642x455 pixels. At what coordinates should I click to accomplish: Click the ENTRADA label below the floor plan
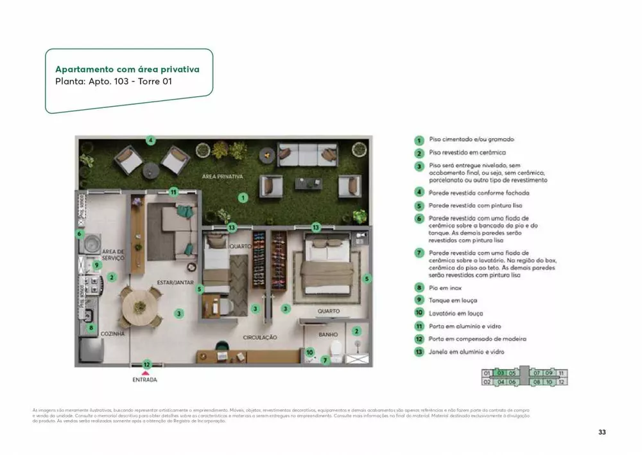click(144, 379)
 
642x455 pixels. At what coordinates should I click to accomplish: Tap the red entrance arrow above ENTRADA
click(146, 371)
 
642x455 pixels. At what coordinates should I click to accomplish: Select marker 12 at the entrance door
click(146, 364)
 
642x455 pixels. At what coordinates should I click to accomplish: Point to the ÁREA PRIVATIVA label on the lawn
click(222, 176)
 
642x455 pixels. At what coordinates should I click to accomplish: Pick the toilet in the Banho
click(333, 349)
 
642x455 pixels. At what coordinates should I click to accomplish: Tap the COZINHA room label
click(112, 334)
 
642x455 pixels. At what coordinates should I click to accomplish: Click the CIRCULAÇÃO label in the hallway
click(259, 337)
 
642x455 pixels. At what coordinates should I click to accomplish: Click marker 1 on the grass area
click(243, 198)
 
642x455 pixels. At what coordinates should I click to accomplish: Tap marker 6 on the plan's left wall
click(80, 234)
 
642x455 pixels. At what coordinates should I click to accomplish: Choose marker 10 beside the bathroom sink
click(309, 352)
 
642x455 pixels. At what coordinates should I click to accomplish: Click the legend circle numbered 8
click(419, 288)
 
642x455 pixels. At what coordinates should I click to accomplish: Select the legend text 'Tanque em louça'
click(453, 300)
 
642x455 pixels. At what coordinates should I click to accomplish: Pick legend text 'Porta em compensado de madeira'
click(478, 339)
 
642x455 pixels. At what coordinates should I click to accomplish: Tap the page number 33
click(602, 432)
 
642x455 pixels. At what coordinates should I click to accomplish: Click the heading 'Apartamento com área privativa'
click(127, 69)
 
